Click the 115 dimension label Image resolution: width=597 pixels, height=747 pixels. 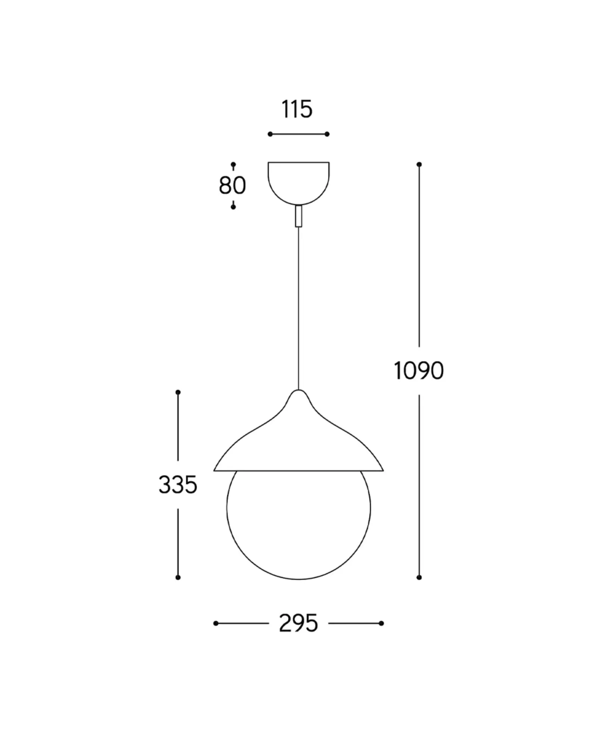(297, 109)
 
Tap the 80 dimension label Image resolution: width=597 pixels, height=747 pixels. (232, 185)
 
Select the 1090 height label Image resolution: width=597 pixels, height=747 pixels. (419, 371)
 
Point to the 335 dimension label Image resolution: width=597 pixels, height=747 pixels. (178, 485)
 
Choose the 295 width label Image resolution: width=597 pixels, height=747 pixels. (298, 623)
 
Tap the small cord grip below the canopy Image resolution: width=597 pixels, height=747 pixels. (298, 216)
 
